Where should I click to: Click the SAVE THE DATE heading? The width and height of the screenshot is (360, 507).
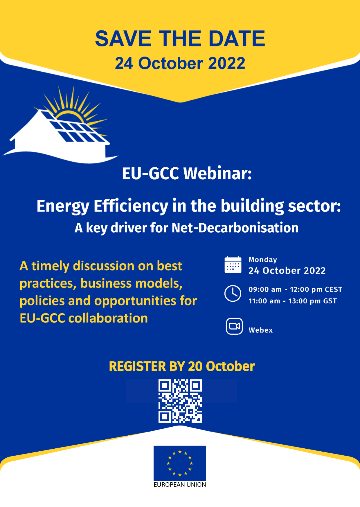coord(180,39)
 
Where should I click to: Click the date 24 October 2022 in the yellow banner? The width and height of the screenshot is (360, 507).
coord(180,63)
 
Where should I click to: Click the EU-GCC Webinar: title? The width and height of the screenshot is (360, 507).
coord(187,173)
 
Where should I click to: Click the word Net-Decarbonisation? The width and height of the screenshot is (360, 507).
coord(235,228)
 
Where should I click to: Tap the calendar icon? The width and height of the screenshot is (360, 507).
coord(233,265)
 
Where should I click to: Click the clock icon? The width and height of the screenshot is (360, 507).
coord(233,293)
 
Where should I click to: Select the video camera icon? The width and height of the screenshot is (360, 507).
coord(234,326)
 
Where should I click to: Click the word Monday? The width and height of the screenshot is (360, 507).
coord(263,260)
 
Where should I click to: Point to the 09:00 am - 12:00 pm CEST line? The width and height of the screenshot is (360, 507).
coord(295,289)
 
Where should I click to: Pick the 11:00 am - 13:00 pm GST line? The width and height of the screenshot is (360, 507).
coord(293,301)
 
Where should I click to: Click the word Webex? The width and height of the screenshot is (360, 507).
coord(261,330)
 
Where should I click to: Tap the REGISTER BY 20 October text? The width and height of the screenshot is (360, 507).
coord(182,366)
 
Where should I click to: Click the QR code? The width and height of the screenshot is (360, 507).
coord(180,401)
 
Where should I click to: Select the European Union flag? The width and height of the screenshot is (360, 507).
coord(180,463)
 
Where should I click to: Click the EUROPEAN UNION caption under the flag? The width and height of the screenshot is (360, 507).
coord(180,485)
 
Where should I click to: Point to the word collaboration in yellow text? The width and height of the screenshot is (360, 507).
coord(108,318)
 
